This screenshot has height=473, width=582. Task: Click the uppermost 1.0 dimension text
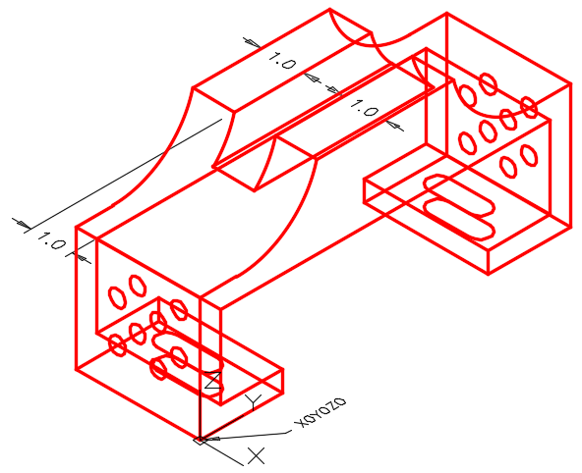point(282,61)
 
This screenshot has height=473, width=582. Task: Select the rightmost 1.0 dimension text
point(364,108)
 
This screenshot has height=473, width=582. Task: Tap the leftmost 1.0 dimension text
point(52,240)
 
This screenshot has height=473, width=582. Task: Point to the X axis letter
point(257,455)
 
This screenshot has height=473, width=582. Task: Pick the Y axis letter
point(255,401)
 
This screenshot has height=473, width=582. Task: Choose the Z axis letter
point(213,380)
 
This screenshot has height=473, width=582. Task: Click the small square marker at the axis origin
point(200,441)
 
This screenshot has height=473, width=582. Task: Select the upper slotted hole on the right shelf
point(459,195)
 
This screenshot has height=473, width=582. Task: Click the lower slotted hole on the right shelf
point(459,219)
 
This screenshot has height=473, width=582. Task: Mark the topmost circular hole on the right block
point(488,84)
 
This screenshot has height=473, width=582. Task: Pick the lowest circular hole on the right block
point(508,167)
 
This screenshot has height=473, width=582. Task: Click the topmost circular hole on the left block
point(138,286)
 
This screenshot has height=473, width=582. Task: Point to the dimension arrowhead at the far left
point(24,224)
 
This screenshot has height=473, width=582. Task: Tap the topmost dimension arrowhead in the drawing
point(253,43)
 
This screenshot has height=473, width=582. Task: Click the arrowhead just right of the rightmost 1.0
point(394,126)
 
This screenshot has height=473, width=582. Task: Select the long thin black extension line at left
point(123,175)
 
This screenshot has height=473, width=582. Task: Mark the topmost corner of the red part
point(330,9)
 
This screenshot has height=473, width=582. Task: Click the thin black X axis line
point(221,452)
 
